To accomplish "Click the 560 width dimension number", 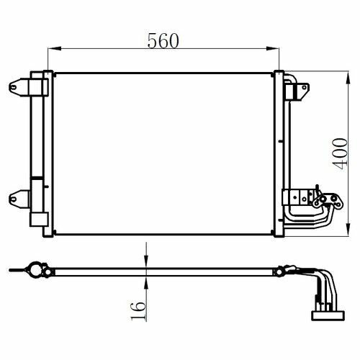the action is pyautogui.click(x=163, y=41).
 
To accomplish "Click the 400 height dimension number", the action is pyautogui.click(x=340, y=154).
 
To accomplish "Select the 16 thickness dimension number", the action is pyautogui.click(x=138, y=311).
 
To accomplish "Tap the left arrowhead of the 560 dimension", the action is pyautogui.click(x=55, y=48).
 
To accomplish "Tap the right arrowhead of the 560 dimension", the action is pyautogui.click(x=273, y=48).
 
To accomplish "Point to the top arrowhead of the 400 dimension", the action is pyautogui.click(x=348, y=78).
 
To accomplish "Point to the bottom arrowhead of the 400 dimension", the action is pyautogui.click(x=348, y=230).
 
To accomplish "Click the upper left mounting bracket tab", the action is pyautogui.click(x=19, y=87).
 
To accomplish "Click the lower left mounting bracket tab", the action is pyautogui.click(x=19, y=199).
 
